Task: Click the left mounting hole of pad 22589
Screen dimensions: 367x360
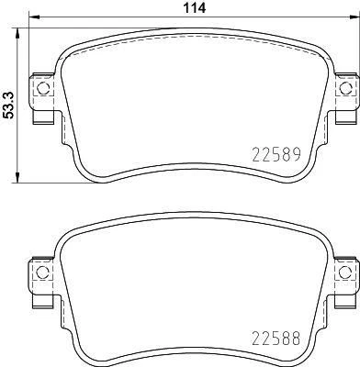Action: pos(40,89)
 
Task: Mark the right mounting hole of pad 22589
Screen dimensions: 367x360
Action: pos(346,89)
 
